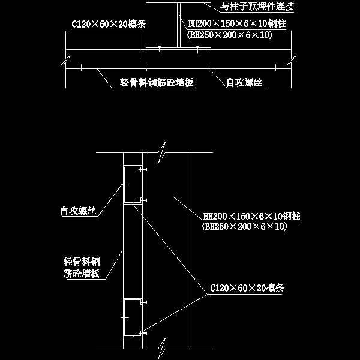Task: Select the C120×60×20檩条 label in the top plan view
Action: click(x=109, y=25)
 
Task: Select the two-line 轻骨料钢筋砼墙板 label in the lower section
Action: click(x=81, y=268)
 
